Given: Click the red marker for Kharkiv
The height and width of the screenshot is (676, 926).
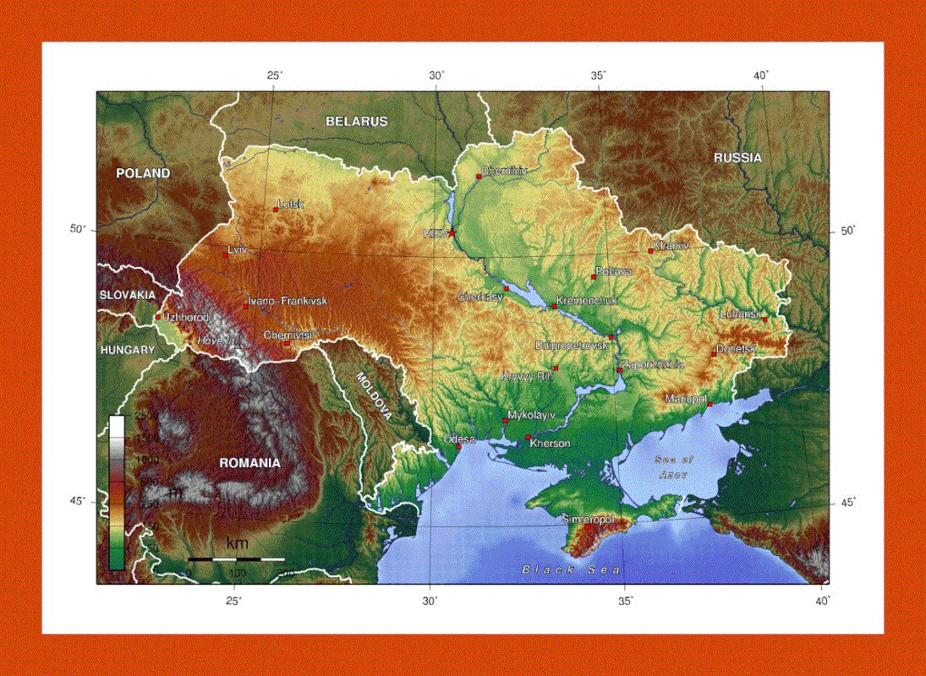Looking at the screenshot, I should tap(651, 251).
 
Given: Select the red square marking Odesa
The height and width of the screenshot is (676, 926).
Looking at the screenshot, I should tap(459, 446).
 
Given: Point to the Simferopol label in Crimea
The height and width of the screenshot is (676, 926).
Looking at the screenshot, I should tap(589, 520).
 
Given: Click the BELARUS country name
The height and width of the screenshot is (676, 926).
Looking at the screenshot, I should tap(357, 122).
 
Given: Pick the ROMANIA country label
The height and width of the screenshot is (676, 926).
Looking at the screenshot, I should tap(249, 463).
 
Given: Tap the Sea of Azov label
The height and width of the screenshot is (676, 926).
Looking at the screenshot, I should tap(674, 467).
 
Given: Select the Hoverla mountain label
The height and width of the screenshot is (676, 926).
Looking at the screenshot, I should tap(215, 341).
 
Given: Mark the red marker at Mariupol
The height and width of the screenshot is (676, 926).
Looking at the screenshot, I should tap(710, 404).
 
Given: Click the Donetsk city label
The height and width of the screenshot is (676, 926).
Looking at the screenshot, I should tap(737, 349).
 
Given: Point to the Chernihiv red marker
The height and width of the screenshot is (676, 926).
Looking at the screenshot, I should tap(479, 177).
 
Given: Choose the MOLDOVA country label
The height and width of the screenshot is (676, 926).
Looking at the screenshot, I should tap(374, 395).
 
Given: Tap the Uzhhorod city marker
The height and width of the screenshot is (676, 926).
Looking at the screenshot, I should tap(157, 318).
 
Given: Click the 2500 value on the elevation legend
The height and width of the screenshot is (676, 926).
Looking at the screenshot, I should tap(146, 417).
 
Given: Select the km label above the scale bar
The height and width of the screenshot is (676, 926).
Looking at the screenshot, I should tap(237, 542).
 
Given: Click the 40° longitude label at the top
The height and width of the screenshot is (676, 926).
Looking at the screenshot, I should tap(762, 75).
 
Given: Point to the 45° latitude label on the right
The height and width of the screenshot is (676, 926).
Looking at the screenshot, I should tap(848, 504).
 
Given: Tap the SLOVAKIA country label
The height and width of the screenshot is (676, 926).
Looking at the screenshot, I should tap(128, 295).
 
